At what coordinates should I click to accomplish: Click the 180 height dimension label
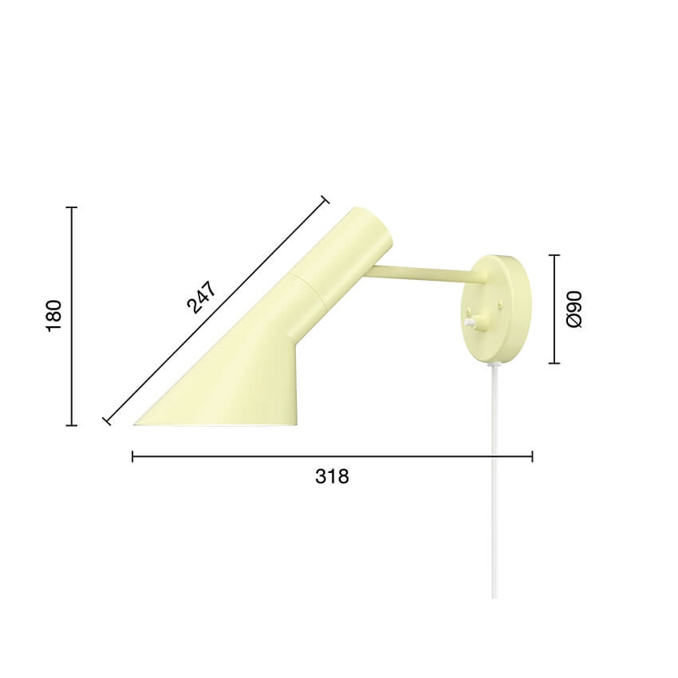point(53,316)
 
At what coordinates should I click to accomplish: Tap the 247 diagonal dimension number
point(202,297)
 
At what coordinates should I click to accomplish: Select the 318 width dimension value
point(332,476)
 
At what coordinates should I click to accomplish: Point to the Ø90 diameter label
point(574,309)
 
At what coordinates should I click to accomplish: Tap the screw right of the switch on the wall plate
point(500,304)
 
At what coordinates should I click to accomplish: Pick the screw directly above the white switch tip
point(469,309)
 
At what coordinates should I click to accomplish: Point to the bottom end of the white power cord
point(495,597)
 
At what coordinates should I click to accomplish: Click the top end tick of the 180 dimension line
point(72,207)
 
